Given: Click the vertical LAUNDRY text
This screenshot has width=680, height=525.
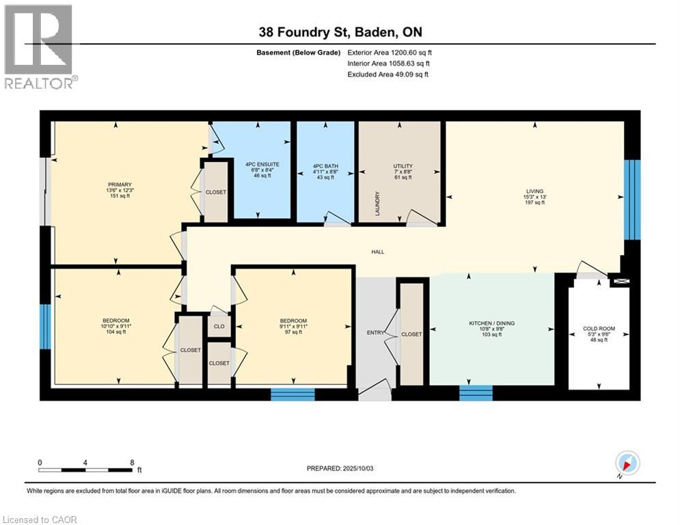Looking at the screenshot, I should coord(377,204).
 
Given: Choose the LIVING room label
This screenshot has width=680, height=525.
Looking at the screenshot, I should coord(534,192).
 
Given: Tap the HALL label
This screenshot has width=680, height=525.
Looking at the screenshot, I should coord(377,252).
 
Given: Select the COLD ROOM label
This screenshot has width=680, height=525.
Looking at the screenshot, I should coord(598,329).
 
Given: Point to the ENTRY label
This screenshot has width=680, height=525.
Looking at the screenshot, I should coord(375,332).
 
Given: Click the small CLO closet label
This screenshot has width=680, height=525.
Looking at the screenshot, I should coord(219,327).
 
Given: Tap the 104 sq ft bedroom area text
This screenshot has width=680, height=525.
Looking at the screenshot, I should coord(116,331).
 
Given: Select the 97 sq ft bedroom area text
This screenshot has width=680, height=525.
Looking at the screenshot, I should coord(293,331).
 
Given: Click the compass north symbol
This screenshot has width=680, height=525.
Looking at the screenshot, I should coord(627,463).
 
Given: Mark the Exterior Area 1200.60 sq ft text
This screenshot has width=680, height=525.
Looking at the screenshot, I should coord(390,52).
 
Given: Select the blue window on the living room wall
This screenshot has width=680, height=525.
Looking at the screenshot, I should coord(633,200).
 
